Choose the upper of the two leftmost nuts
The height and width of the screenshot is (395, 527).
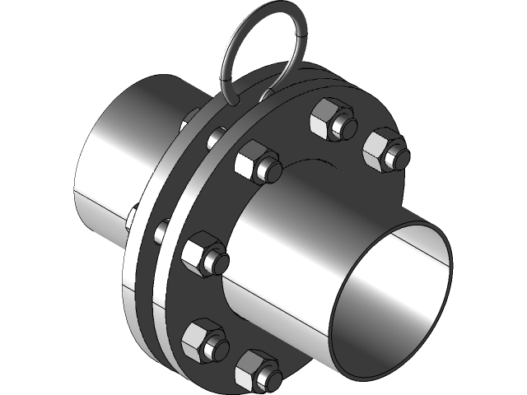pos(201,254)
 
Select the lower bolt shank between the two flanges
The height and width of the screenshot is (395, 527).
pos(161,231)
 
